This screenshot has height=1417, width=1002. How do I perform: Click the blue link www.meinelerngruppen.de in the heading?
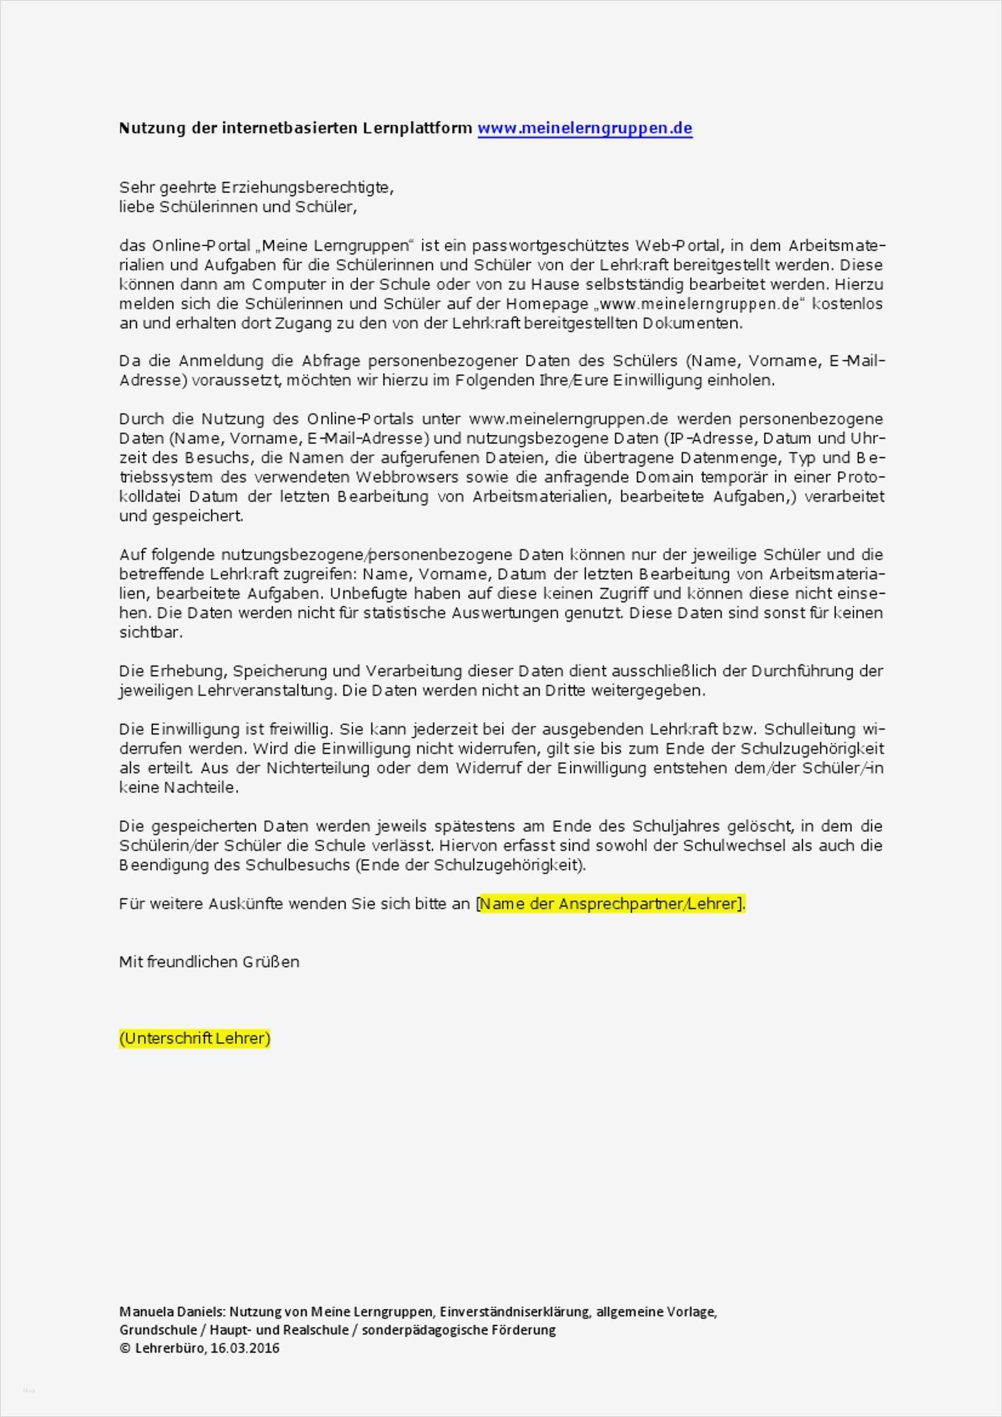[x=585, y=128]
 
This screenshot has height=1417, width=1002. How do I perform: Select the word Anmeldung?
[x=235, y=361]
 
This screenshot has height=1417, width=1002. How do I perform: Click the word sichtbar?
[x=151, y=632]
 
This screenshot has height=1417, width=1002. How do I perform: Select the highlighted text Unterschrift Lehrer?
[x=194, y=1039]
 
